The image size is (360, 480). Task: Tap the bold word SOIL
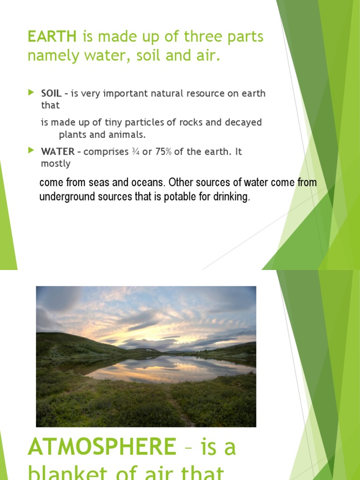[52, 93]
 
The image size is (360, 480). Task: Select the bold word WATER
[58, 152]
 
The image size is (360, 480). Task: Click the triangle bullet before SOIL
[31, 93]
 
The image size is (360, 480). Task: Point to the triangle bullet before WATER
[31, 150]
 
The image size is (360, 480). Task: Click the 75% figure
[163, 152]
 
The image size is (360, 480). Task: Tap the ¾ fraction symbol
[135, 152]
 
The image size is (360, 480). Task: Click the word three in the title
[174, 36]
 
